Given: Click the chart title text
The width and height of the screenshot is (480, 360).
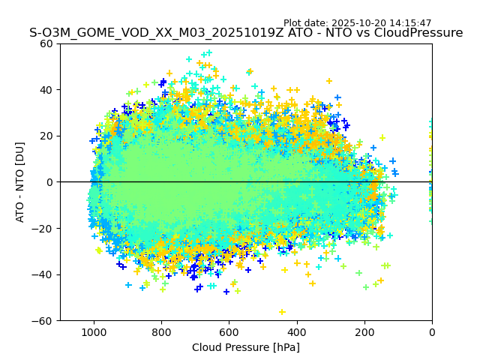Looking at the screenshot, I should [x=246, y=33].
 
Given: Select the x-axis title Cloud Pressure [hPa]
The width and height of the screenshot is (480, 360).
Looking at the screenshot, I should [x=246, y=347].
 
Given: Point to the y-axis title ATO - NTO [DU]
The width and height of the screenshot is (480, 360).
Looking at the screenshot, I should [x=20, y=182].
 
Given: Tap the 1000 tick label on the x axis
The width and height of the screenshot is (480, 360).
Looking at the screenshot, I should [x=94, y=331].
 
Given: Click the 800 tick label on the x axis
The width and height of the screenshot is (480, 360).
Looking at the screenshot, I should [x=161, y=331].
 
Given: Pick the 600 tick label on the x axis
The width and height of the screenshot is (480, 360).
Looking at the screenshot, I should [x=229, y=331].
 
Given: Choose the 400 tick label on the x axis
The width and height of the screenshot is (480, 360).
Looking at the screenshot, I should [x=297, y=331].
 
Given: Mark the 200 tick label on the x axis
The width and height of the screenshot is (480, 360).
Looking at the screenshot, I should [x=364, y=331].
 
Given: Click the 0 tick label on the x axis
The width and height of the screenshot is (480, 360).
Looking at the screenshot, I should [x=432, y=331].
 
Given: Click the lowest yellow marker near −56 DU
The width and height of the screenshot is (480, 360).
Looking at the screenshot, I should [x=282, y=312].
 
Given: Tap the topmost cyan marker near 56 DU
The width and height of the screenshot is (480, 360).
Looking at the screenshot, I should [x=208, y=52].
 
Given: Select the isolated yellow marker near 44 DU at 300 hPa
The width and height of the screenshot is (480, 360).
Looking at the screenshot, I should [x=328, y=81].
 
